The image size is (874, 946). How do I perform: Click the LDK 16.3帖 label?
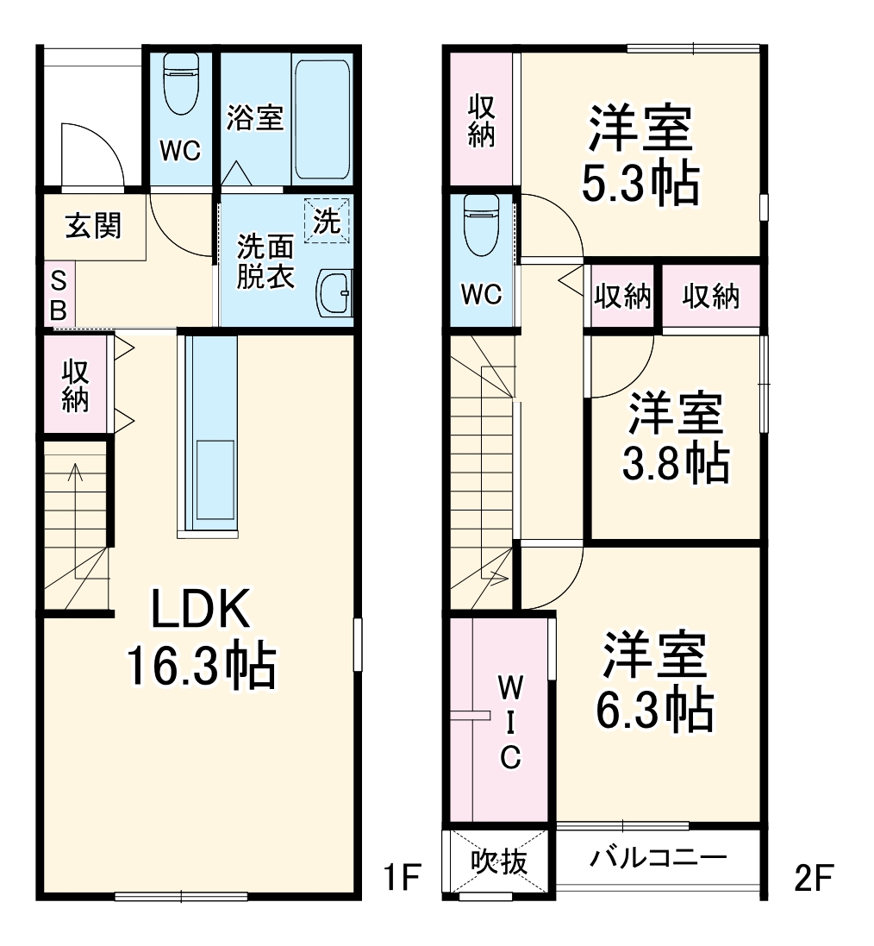click(x=201, y=638)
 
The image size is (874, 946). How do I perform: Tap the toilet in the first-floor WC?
click(x=181, y=85)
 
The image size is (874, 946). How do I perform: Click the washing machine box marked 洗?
click(x=328, y=221)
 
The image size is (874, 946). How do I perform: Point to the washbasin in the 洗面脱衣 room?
click(x=334, y=293)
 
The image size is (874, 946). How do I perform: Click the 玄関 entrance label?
click(x=94, y=227)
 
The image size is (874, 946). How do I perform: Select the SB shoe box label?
click(x=59, y=296)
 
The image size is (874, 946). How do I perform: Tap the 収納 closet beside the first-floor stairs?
click(x=75, y=385)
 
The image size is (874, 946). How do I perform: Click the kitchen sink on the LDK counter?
click(x=209, y=478)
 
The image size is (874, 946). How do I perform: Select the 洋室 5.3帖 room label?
click(x=640, y=155)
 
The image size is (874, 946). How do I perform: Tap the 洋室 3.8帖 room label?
click(x=676, y=438)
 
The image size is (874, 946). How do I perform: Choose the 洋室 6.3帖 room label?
click(x=655, y=682)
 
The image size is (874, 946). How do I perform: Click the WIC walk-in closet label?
click(x=510, y=723)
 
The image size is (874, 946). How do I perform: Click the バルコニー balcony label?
click(x=659, y=858)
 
